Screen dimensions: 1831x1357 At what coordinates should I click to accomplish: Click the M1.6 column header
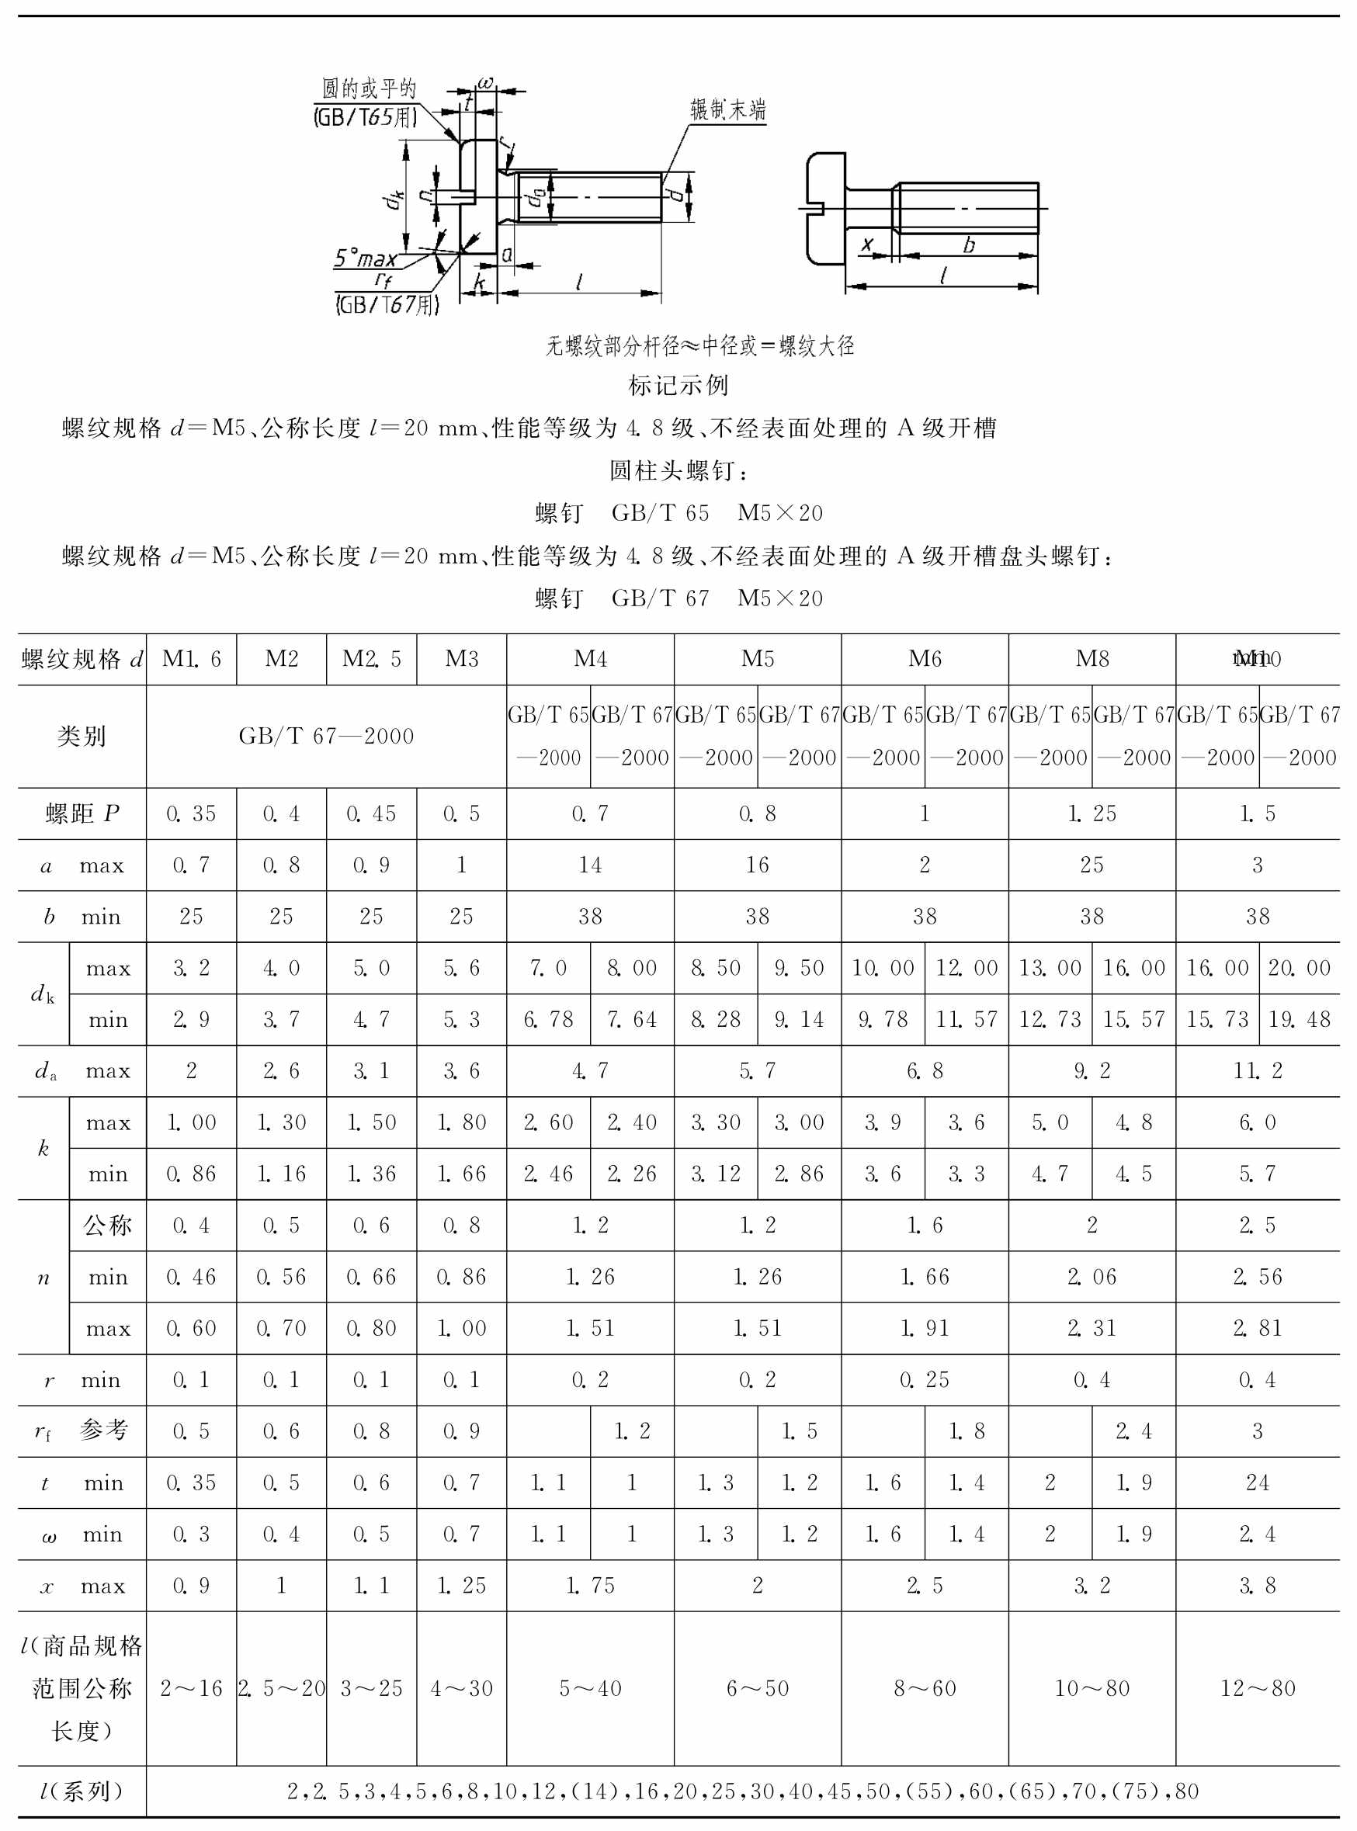(x=192, y=658)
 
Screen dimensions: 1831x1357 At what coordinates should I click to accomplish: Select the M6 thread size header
(x=924, y=658)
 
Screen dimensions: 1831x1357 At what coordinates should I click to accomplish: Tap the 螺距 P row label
(x=82, y=813)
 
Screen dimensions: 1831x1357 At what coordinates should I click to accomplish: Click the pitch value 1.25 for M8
(x=1091, y=813)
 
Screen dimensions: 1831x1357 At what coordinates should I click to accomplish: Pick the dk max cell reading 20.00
(x=1299, y=968)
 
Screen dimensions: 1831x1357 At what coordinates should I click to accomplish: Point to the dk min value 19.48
(x=1299, y=1019)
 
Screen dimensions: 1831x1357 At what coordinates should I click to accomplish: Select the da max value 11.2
(x=1257, y=1070)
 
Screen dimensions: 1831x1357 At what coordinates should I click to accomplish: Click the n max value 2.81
(x=1257, y=1328)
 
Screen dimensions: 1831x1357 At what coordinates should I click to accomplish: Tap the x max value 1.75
(x=590, y=1586)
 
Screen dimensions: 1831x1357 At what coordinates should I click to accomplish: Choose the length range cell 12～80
(x=1257, y=1688)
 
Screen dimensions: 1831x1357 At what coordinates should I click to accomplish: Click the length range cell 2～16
(x=192, y=1688)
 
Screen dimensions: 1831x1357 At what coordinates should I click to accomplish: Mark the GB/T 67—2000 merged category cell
(x=326, y=736)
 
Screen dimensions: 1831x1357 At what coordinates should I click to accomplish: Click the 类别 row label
(x=82, y=736)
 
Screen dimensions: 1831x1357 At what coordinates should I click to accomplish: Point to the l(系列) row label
(x=82, y=1791)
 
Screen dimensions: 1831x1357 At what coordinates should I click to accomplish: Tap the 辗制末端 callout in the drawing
(x=727, y=110)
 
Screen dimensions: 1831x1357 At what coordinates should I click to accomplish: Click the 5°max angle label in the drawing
(x=365, y=258)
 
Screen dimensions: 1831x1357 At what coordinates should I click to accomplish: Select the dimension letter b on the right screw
(x=970, y=244)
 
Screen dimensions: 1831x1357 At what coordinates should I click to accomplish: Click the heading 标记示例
(x=678, y=384)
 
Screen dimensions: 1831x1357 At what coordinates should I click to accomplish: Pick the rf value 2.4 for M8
(x=1133, y=1431)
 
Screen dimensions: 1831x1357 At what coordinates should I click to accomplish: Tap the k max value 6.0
(x=1257, y=1122)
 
